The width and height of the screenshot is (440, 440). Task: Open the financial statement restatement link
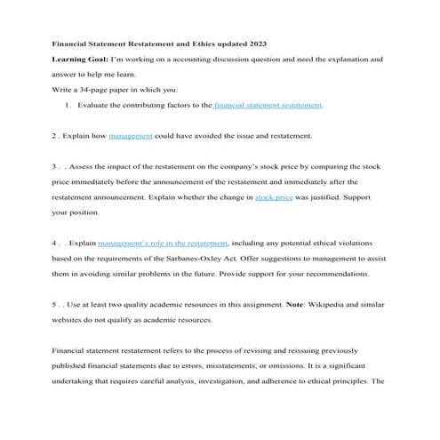(x=268, y=105)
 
